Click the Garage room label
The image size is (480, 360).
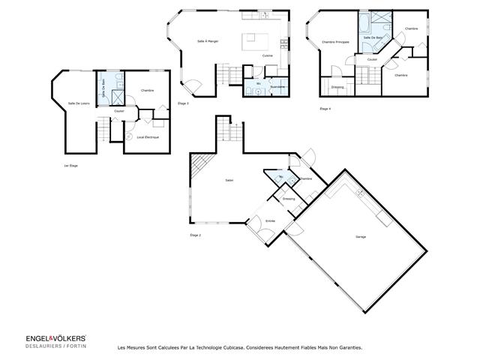[x=361, y=237]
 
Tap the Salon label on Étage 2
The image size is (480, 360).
[x=228, y=180]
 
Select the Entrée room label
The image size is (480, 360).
[x=270, y=220]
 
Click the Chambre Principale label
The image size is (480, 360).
[x=334, y=42]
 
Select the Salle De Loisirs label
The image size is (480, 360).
[x=79, y=103]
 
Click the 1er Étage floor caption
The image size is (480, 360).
[x=70, y=165]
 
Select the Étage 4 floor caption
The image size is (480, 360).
[x=325, y=109]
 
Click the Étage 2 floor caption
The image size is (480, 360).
[x=196, y=235]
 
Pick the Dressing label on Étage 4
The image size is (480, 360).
[x=338, y=87]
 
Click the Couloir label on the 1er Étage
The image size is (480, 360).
[x=118, y=111]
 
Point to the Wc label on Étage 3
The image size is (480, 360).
[x=258, y=83]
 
